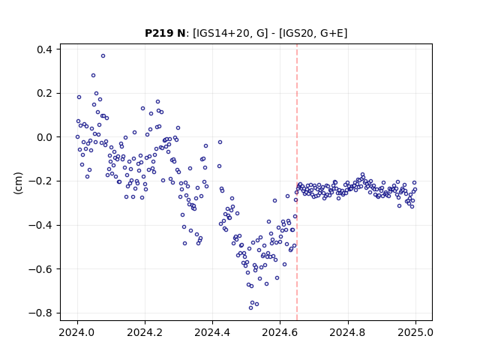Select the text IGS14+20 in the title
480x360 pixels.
tap(221, 33)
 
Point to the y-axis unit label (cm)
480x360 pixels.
tap(18, 183)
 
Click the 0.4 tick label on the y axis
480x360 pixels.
tap(44, 49)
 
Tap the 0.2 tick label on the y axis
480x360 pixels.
tap(44, 93)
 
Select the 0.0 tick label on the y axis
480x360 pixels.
tap(44, 137)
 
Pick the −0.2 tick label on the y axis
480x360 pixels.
tap(40, 181)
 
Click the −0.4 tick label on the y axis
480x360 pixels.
tap(40, 225)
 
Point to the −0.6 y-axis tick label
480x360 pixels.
tap(40, 269)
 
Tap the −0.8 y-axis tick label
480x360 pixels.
tap(40, 313)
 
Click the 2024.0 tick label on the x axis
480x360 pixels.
tap(77, 332)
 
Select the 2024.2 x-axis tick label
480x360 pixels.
tap(145, 332)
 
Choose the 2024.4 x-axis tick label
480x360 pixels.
tap(212, 332)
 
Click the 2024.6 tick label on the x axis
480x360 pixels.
tap(280, 332)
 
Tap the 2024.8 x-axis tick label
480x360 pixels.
tap(348, 332)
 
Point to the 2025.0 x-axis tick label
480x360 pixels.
tap(415, 332)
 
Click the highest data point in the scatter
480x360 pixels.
tap(103, 56)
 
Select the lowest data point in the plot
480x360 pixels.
tap(250, 308)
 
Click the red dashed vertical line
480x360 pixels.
tap(297, 182)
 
